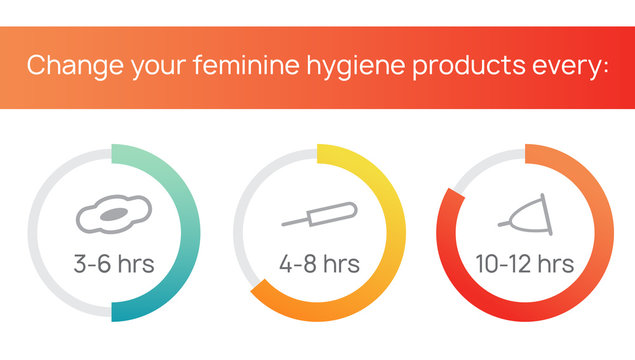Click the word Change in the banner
pyautogui.click(x=68, y=66)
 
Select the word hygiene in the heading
pyautogui.click(x=334, y=68)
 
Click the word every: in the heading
pyautogui.click(x=565, y=67)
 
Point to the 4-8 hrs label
pyautogui.click(x=318, y=264)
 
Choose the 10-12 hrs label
pyautogui.click(x=524, y=264)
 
